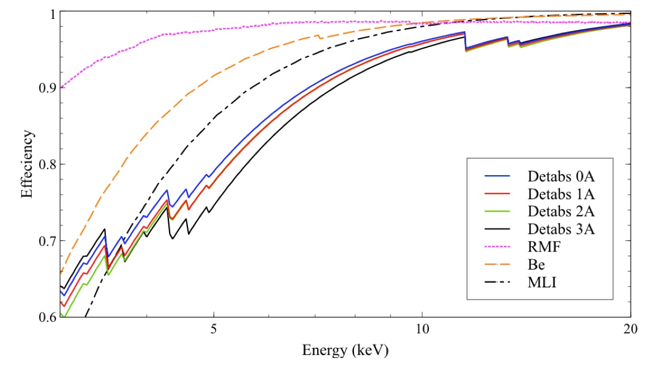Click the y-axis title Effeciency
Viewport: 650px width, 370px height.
tap(27, 165)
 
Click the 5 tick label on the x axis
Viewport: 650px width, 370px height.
tap(214, 333)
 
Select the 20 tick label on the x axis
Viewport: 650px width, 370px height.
tap(630, 333)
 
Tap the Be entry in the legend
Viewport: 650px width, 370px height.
tap(538, 266)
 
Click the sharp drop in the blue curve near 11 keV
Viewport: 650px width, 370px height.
tap(465, 40)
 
